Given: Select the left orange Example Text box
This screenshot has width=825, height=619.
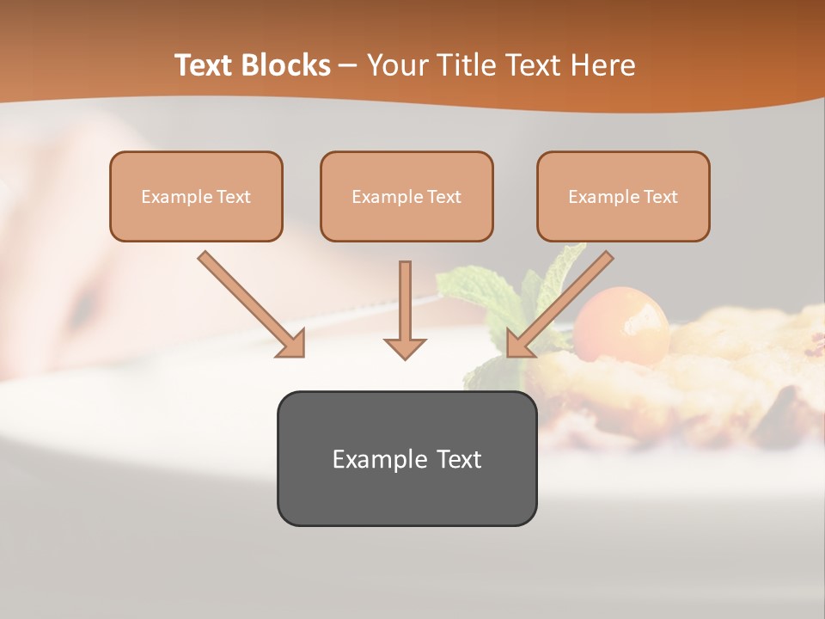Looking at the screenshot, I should (x=196, y=197).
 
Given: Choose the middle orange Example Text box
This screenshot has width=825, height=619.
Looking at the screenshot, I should (x=406, y=197).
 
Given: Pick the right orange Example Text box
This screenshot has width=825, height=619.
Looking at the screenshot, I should (x=623, y=197).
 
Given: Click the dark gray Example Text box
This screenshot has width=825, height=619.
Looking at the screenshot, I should (x=406, y=458).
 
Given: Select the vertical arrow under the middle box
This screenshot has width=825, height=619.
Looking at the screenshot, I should (x=405, y=309).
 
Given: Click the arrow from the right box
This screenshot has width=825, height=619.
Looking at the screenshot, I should (x=559, y=304).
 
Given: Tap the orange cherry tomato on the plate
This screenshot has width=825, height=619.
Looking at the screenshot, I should (x=621, y=325).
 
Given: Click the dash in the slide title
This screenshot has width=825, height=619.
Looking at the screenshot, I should (x=348, y=65).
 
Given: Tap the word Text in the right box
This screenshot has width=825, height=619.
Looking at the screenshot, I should (x=660, y=197).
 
